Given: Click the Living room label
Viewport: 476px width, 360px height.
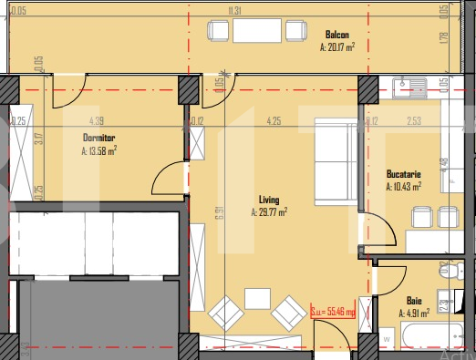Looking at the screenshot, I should [268, 200].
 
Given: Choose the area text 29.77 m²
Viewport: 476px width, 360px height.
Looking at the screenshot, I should [269, 212].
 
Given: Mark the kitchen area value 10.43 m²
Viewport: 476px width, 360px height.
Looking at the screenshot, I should [404, 187].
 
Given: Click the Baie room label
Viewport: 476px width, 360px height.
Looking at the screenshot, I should [415, 299].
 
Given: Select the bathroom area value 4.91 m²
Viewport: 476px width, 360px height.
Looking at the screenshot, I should [415, 312].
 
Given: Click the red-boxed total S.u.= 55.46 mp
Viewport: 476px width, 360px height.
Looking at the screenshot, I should [338, 312].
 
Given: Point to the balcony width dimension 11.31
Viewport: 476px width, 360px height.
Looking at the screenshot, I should [235, 11].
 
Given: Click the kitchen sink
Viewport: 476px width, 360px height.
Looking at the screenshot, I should [412, 87].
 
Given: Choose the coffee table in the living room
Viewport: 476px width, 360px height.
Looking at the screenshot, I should [258, 299].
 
